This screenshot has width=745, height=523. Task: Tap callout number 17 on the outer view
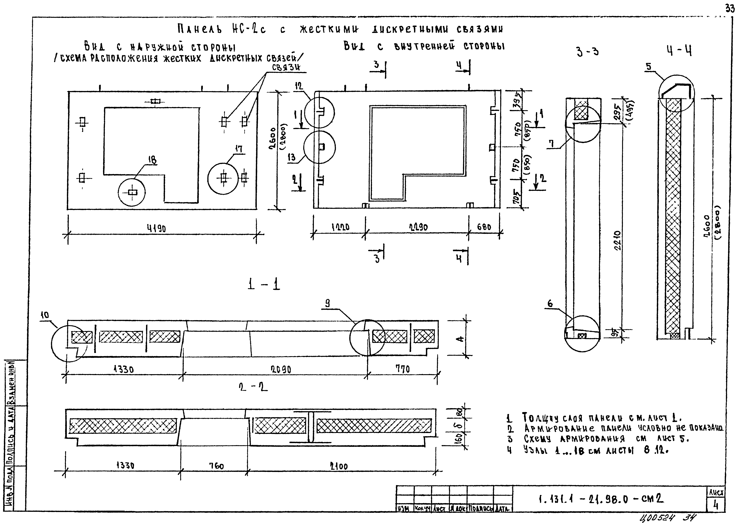coord(239,149)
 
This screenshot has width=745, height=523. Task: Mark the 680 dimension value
coord(484,227)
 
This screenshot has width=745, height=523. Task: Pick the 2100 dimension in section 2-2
coord(339,467)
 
